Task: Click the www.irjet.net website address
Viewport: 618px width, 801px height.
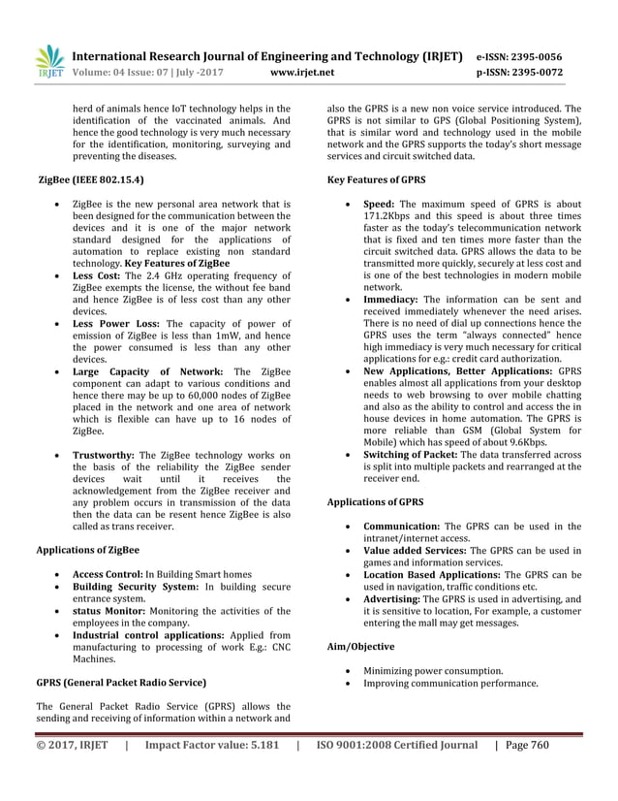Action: [303, 72]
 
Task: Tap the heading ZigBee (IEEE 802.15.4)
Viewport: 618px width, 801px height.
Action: [93, 180]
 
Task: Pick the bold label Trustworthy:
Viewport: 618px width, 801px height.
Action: [105, 455]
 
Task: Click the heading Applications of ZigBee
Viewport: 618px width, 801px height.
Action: [87, 550]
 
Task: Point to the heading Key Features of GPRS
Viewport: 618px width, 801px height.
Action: [377, 180]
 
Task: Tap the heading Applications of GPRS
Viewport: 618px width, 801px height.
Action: [375, 502]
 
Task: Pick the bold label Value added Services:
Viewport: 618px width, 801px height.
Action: [415, 551]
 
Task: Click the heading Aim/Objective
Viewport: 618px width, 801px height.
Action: [360, 646]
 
